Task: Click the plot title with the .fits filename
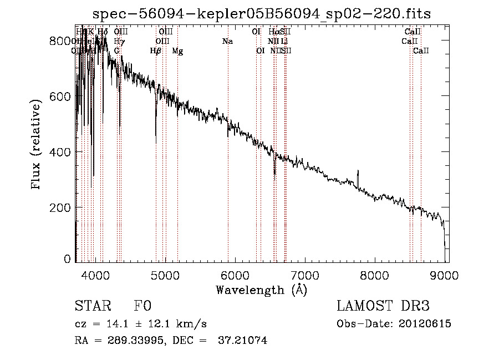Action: (261, 13)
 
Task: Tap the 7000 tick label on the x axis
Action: (305, 273)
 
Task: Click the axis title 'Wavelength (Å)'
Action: (261, 289)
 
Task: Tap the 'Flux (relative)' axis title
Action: (37, 145)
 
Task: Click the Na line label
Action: (227, 41)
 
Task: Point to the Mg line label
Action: (177, 51)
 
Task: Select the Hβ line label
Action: (156, 51)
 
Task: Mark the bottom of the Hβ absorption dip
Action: (156, 143)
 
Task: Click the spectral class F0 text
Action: (142, 306)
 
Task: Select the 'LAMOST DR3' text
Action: (383, 306)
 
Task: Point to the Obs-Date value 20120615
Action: (425, 324)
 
